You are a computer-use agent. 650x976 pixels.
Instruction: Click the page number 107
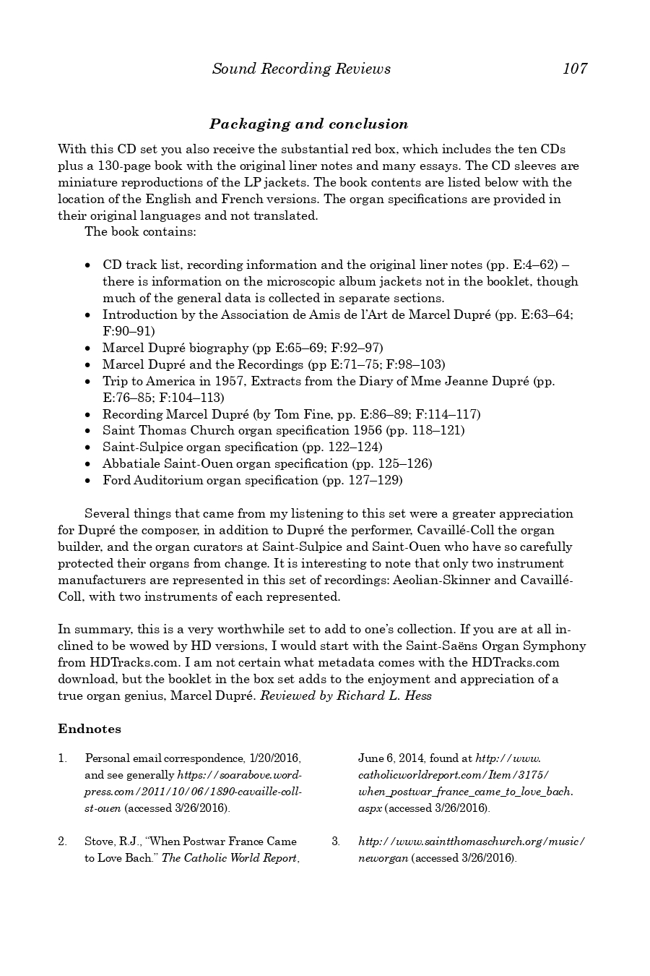(575, 69)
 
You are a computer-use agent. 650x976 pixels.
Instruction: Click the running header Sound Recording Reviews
(301, 69)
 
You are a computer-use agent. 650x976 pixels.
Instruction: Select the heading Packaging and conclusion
(308, 124)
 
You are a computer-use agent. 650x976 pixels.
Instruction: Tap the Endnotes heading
(90, 729)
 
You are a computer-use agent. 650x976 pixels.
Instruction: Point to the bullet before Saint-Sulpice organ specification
(87, 448)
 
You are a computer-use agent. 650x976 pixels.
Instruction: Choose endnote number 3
(336, 841)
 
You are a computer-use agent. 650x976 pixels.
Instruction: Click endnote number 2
(63, 841)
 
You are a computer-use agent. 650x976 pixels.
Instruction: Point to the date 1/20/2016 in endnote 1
(274, 758)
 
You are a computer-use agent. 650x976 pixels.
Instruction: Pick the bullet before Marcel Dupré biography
(87, 348)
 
